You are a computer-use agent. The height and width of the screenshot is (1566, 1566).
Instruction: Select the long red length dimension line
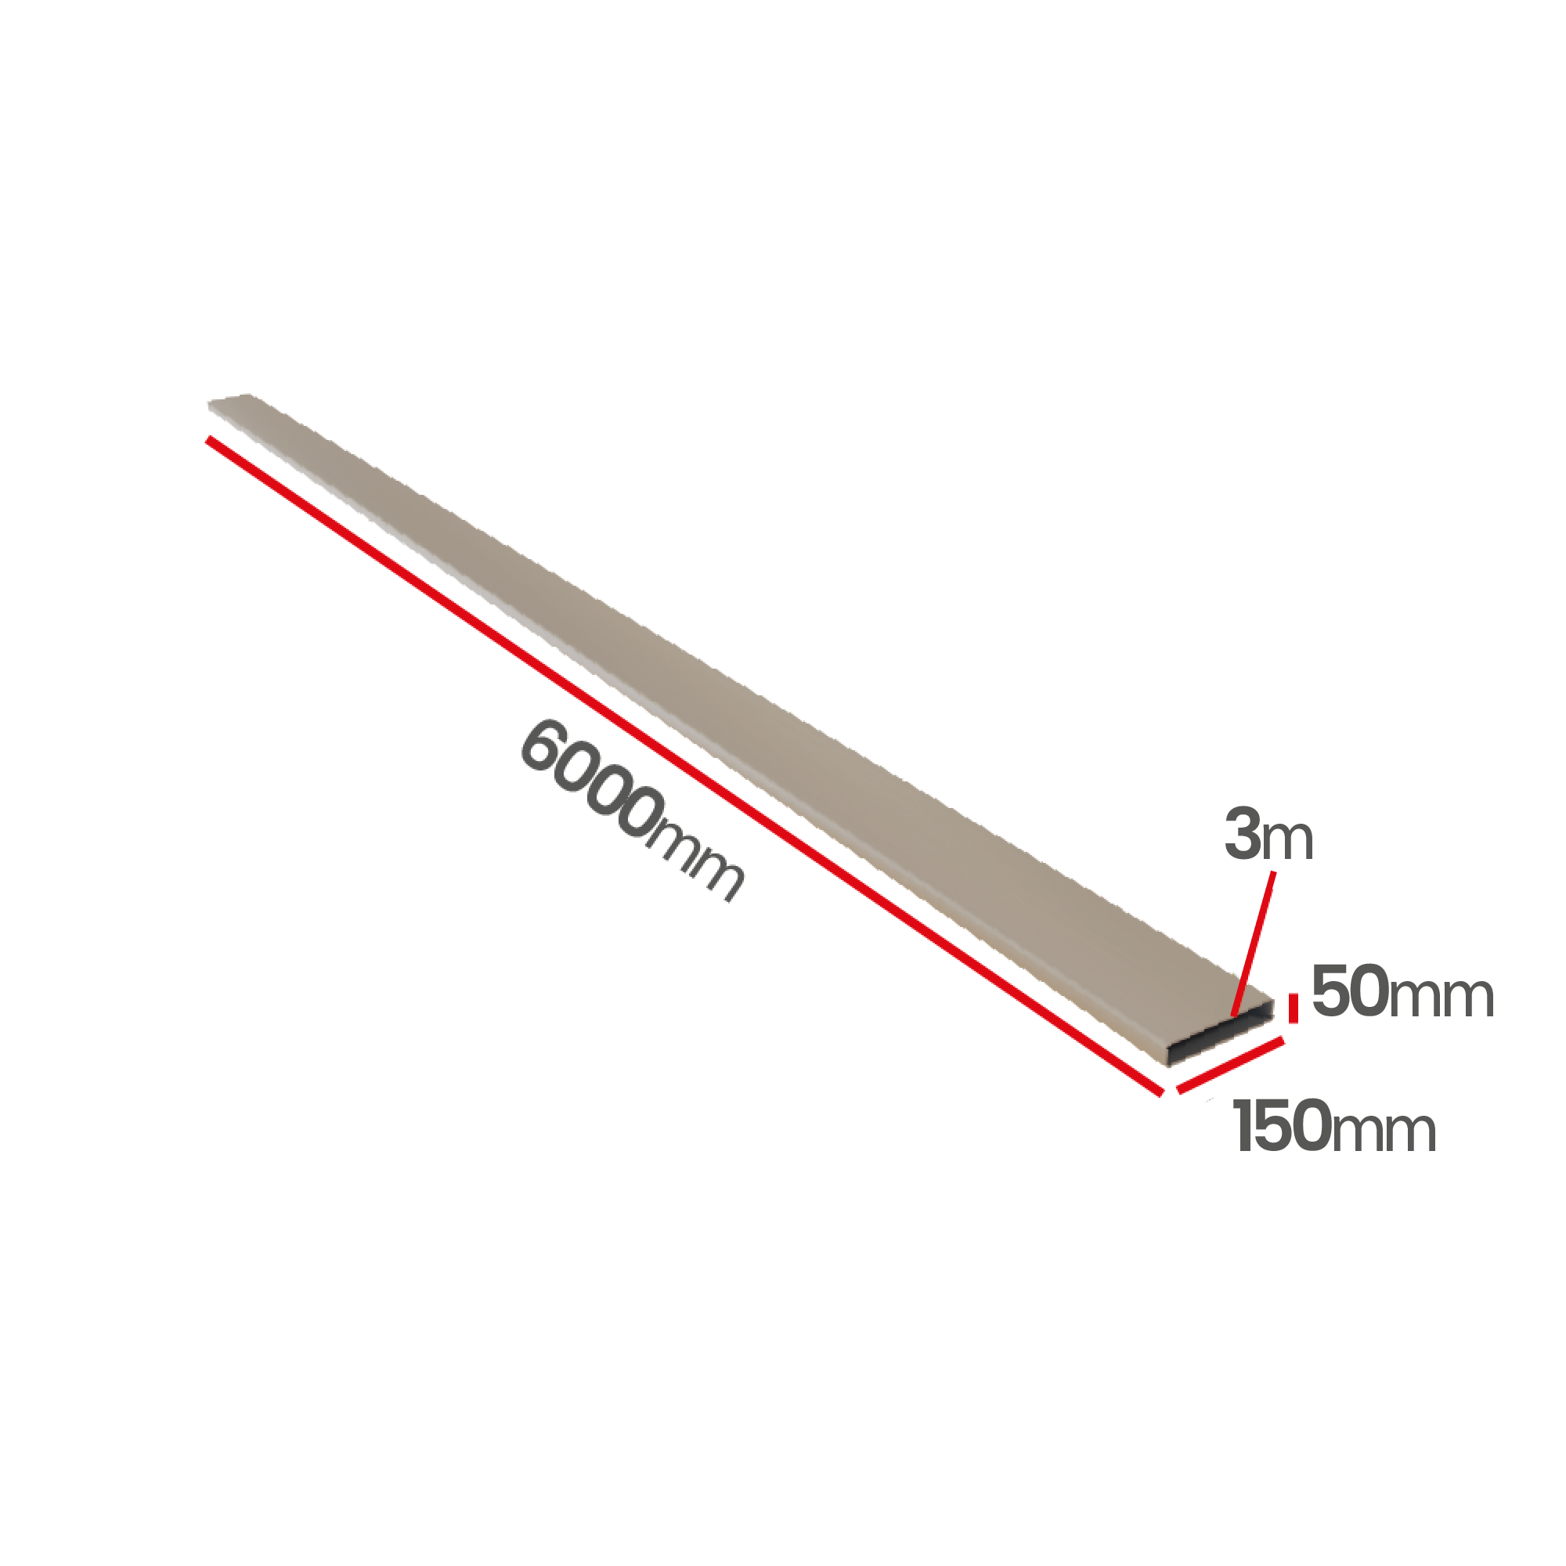[685, 766]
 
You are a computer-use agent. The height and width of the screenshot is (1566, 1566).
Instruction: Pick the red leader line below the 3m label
[1254, 944]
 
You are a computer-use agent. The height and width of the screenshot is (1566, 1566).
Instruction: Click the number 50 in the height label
[1350, 990]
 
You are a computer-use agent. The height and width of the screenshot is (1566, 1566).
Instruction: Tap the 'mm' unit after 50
[1442, 998]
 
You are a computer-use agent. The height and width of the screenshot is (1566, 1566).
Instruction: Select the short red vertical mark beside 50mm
[1294, 1009]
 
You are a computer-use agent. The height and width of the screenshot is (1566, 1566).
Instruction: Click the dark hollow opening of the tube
[1220, 1040]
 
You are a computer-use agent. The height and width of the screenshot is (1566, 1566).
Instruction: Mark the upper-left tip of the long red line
[208, 438]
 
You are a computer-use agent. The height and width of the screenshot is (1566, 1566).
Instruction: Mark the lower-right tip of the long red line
[1161, 1093]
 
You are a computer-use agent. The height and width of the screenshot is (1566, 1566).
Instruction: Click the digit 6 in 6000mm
[543, 744]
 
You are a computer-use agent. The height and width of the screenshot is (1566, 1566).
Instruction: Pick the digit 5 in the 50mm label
[1330, 990]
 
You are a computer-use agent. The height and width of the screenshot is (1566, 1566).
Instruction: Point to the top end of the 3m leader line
[1274, 872]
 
